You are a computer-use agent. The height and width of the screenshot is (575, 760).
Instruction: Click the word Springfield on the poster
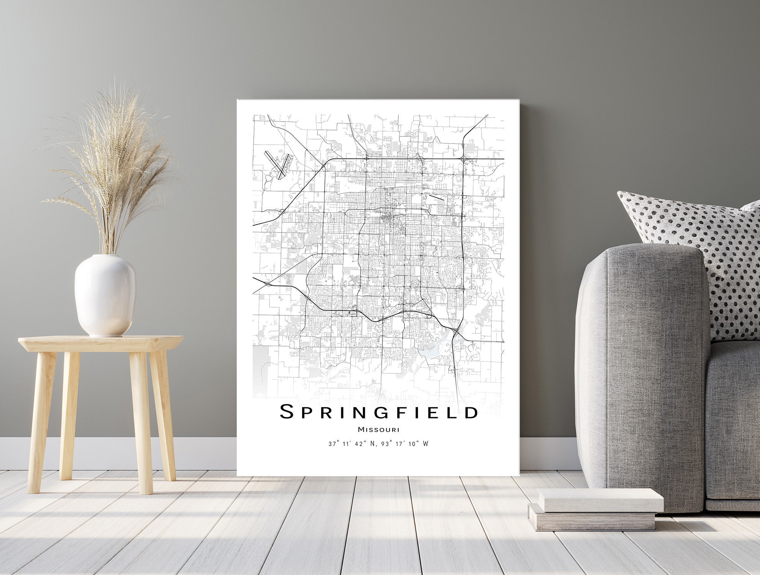tap(378, 412)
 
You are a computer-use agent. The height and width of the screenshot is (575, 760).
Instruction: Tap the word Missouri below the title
tap(378, 430)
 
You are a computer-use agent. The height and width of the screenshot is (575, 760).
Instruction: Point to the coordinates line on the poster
tap(378, 444)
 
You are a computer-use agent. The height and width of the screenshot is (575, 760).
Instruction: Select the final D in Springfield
tap(471, 412)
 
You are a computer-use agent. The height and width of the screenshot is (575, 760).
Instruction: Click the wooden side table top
tap(101, 343)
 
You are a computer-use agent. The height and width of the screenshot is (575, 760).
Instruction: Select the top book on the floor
tap(600, 500)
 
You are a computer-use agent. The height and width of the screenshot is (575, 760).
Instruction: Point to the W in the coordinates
tap(426, 444)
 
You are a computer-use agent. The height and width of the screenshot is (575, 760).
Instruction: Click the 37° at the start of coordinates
tap(333, 444)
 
